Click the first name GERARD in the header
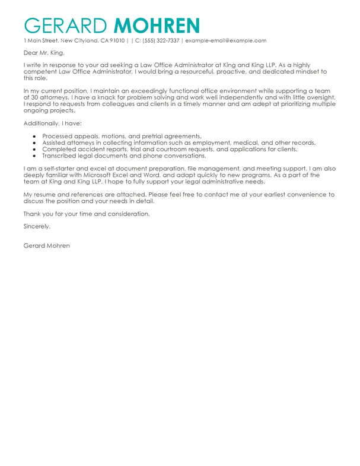tap(66, 25)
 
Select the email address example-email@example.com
tap(226, 40)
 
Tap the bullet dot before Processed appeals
tap(35, 136)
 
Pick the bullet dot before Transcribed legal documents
tap(35, 156)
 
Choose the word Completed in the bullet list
tap(58, 150)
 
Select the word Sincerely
tap(37, 227)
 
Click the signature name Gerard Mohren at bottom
tap(46, 246)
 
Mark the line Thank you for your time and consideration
tap(87, 214)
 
